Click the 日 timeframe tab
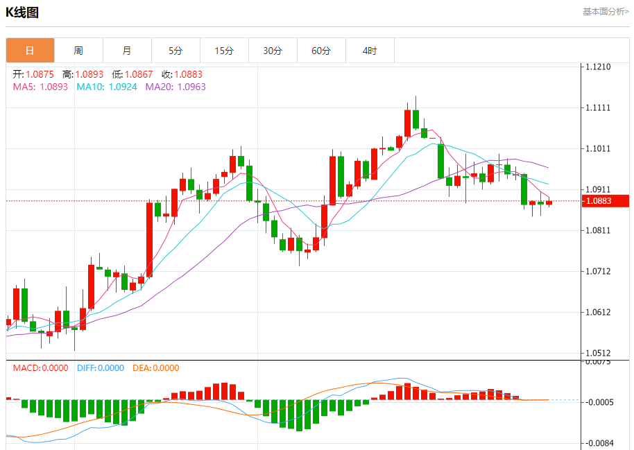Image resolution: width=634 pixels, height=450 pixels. pos(30,51)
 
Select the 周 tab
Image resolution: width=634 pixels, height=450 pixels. pos(78,51)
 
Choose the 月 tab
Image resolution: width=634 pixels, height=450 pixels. pos(127,51)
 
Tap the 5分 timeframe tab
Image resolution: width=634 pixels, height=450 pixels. pos(175,51)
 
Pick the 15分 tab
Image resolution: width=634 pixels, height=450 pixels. pos(224,51)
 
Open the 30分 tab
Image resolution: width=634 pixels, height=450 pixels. pos(273,51)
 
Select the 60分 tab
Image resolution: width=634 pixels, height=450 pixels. pos(321,51)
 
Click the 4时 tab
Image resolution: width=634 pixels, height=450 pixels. pos(370,51)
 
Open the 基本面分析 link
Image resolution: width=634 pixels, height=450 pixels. pos(605,12)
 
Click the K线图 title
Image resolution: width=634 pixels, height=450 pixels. pos(23,12)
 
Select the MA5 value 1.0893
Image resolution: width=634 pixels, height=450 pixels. pos(54,87)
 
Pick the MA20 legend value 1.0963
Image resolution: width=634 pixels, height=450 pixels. pos(191,87)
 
